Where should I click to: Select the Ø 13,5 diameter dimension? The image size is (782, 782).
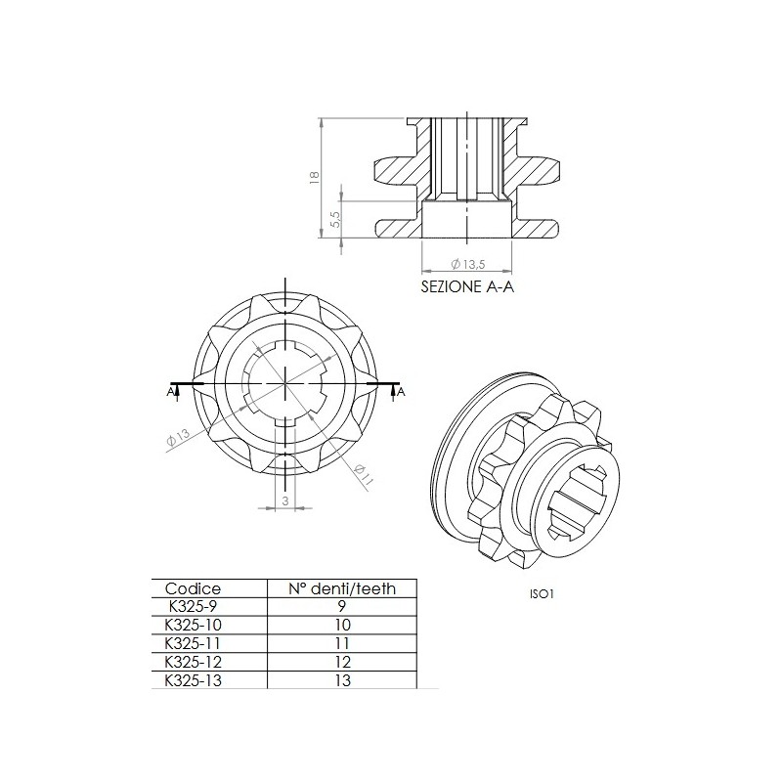coord(468,264)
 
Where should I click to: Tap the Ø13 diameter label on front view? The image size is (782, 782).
coord(178,439)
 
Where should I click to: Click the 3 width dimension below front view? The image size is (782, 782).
coord(284,499)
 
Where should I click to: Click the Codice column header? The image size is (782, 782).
coord(194,588)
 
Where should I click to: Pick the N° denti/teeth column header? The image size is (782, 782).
coord(342,588)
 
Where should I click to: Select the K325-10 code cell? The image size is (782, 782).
coord(193,625)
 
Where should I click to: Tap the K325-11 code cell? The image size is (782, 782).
coord(193,643)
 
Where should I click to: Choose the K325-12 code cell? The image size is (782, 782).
coord(193,662)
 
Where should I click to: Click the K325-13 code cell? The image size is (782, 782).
coord(193,679)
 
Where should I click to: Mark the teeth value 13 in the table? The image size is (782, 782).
coord(342,679)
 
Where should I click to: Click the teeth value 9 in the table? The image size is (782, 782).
coord(342,606)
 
